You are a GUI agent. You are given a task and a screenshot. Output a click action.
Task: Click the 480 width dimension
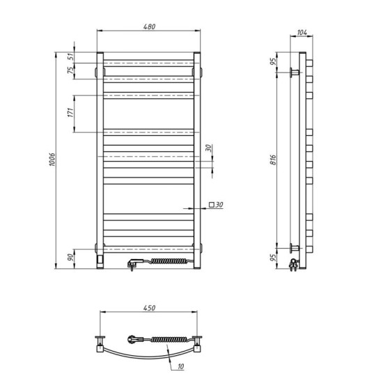click(x=150, y=27)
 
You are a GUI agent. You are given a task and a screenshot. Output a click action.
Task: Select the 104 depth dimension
click(x=302, y=33)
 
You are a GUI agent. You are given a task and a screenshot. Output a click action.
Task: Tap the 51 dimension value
click(x=71, y=58)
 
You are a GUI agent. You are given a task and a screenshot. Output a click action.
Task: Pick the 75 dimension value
click(x=71, y=72)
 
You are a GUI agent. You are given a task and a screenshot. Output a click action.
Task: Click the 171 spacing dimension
click(x=71, y=114)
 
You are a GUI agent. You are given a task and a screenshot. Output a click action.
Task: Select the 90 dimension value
click(x=71, y=257)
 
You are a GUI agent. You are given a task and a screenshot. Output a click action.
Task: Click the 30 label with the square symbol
click(x=215, y=205)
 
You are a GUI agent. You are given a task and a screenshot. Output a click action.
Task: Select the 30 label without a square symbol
click(x=209, y=149)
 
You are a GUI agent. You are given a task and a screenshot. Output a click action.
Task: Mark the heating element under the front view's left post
click(x=101, y=258)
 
